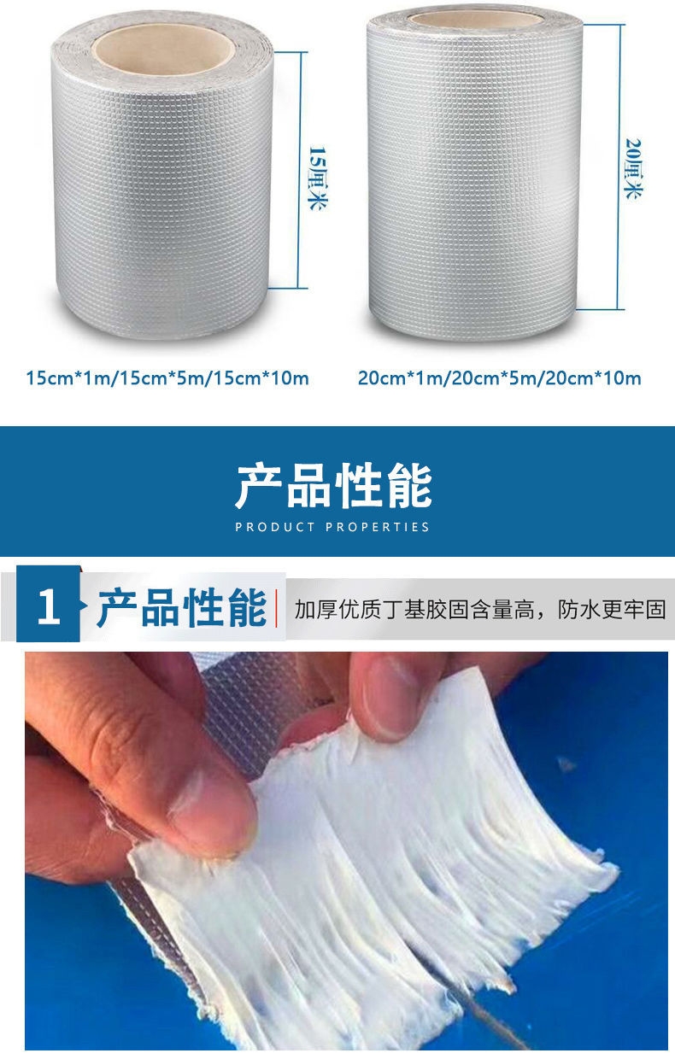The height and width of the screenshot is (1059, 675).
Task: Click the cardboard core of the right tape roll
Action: [476, 19]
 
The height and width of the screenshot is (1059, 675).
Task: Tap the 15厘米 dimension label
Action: [317, 178]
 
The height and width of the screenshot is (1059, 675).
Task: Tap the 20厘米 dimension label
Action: [633, 169]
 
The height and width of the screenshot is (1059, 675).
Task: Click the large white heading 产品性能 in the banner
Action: [333, 486]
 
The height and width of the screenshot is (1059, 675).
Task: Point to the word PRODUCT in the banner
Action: [275, 527]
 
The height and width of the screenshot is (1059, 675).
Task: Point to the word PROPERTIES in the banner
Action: [378, 527]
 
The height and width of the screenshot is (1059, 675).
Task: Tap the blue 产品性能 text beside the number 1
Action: [181, 607]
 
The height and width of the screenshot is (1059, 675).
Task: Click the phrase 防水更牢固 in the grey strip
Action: [612, 610]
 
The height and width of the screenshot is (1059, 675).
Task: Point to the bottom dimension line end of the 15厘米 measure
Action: [288, 288]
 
